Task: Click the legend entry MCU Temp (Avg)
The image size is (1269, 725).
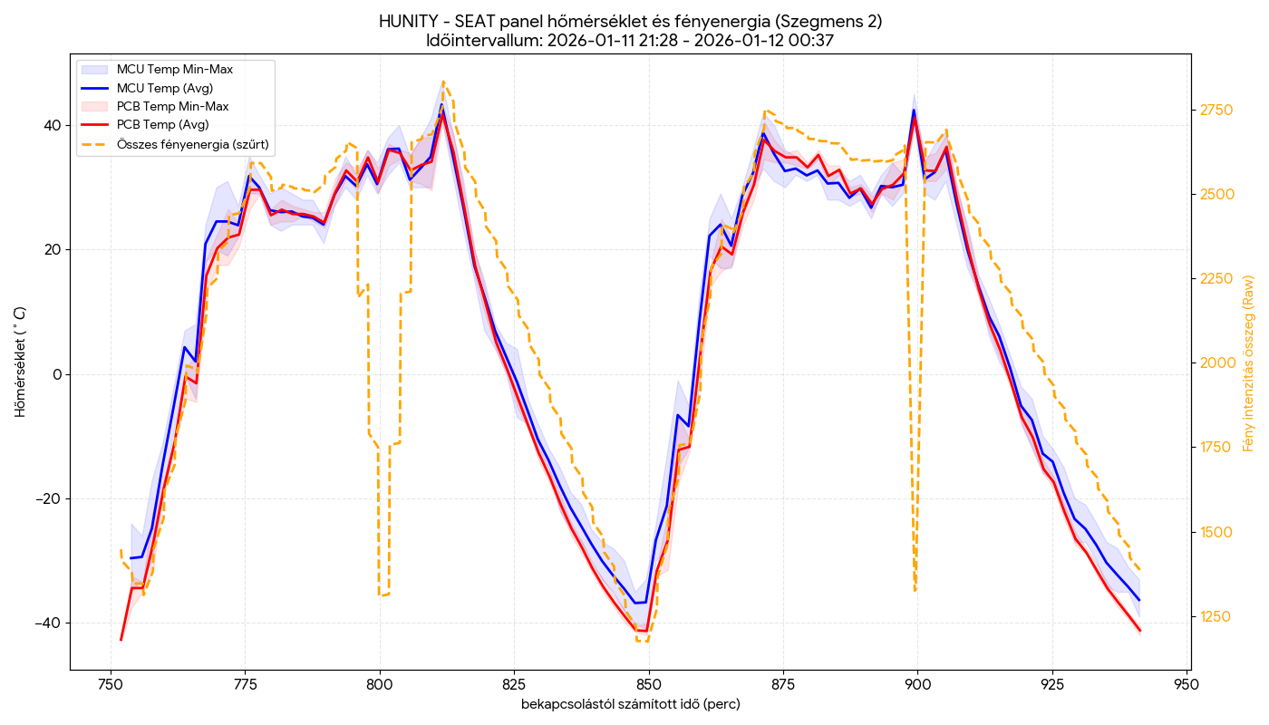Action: click(164, 88)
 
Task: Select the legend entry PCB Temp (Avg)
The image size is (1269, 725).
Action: click(162, 124)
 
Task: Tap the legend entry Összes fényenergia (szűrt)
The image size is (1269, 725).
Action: click(193, 143)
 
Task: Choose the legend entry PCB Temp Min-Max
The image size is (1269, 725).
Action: click(172, 106)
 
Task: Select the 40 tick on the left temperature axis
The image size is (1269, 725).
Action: click(53, 125)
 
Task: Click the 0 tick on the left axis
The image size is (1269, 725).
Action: click(57, 374)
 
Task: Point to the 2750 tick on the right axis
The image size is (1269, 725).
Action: click(1216, 111)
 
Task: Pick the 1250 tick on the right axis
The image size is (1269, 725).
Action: click(1216, 616)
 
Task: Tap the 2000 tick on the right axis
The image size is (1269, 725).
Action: click(1216, 363)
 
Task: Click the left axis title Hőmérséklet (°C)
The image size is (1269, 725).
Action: click(20, 362)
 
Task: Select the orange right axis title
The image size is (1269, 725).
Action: click(1249, 363)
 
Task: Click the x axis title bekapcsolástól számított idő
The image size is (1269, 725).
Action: click(630, 704)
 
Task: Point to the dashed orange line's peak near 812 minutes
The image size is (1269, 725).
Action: click(443, 82)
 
